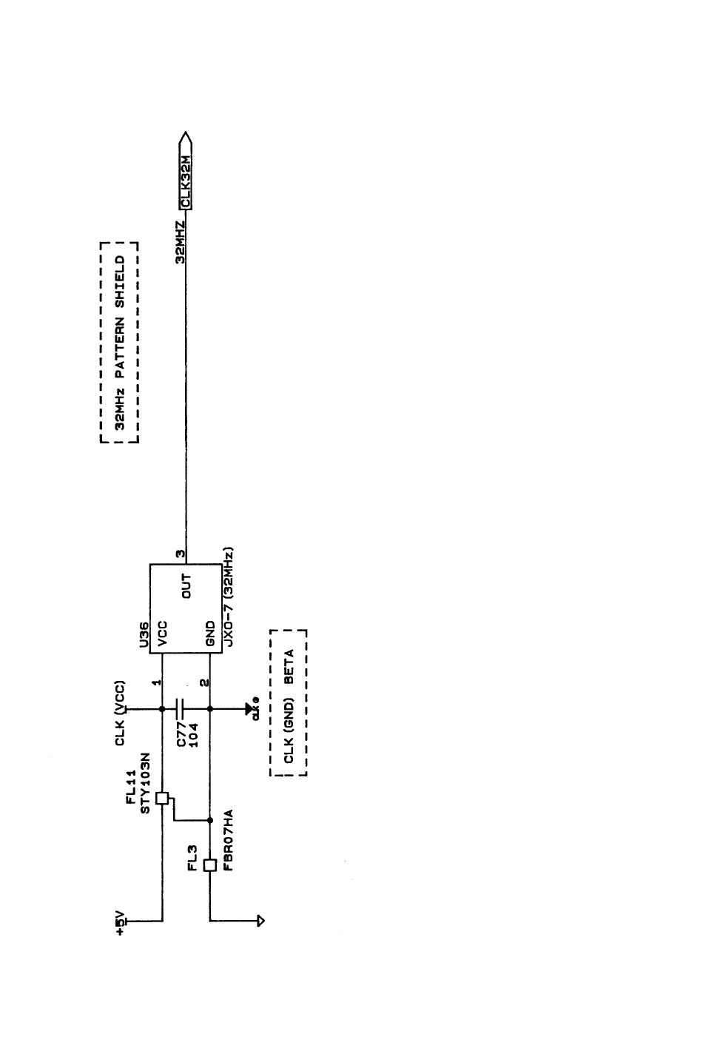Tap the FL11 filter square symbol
point(163,799)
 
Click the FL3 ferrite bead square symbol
point(210,865)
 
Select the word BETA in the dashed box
point(289,665)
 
